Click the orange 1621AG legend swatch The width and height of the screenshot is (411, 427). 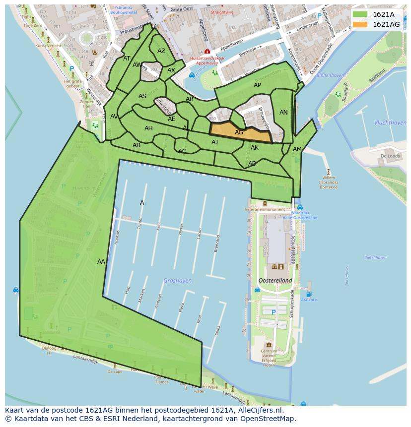(x=360, y=24)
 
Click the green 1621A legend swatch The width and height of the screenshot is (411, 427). (x=360, y=14)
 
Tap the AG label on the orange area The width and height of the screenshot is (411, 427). (x=239, y=132)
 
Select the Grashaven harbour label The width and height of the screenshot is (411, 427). (x=177, y=281)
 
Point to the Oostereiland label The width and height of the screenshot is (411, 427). (x=274, y=281)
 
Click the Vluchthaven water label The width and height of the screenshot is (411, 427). (x=390, y=122)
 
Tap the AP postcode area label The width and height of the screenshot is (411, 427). (x=257, y=85)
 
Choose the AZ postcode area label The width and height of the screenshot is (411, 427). (x=161, y=51)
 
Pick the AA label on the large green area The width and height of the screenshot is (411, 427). (x=101, y=262)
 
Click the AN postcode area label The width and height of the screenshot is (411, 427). (x=283, y=113)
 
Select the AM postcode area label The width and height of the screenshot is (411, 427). (x=297, y=149)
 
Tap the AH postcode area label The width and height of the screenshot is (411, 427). (x=148, y=128)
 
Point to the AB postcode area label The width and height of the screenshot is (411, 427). (x=137, y=145)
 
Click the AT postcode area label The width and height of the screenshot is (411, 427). (x=127, y=59)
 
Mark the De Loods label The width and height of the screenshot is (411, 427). (x=390, y=156)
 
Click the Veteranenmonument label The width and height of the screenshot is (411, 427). (x=265, y=210)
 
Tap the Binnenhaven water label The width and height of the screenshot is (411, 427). (x=330, y=75)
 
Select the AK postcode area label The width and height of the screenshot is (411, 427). (x=255, y=148)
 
